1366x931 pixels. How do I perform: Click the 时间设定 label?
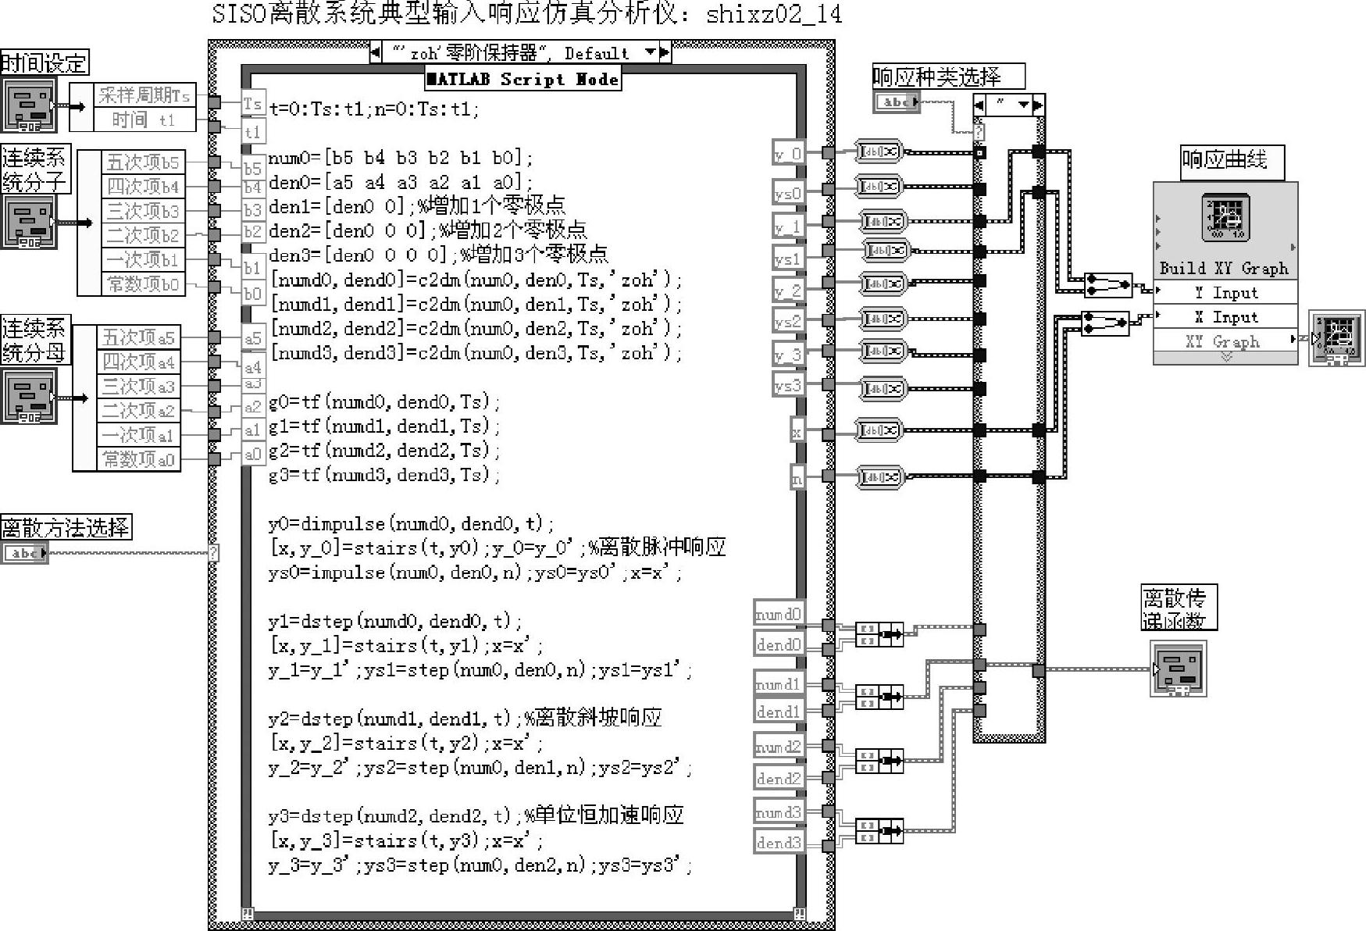click(x=44, y=62)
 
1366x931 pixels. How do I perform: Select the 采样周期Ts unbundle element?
click(x=144, y=95)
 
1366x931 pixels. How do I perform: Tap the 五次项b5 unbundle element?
click(x=143, y=162)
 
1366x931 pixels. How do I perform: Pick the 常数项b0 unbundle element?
click(x=143, y=284)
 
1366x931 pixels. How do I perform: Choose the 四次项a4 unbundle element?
click(x=139, y=362)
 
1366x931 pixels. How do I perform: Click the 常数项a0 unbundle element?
click(x=139, y=459)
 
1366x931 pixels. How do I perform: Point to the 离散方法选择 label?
click(x=66, y=528)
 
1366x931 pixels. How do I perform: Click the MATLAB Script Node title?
click(x=523, y=79)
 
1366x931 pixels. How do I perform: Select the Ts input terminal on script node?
click(x=252, y=104)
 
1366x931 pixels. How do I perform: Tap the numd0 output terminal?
click(x=778, y=615)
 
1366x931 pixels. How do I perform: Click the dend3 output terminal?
click(x=778, y=842)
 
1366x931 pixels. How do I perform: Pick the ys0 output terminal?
click(x=787, y=193)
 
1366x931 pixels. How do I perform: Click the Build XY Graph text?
click(x=1224, y=269)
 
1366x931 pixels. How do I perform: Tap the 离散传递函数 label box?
click(x=1178, y=608)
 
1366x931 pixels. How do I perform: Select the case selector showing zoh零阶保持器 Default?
click(x=519, y=53)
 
